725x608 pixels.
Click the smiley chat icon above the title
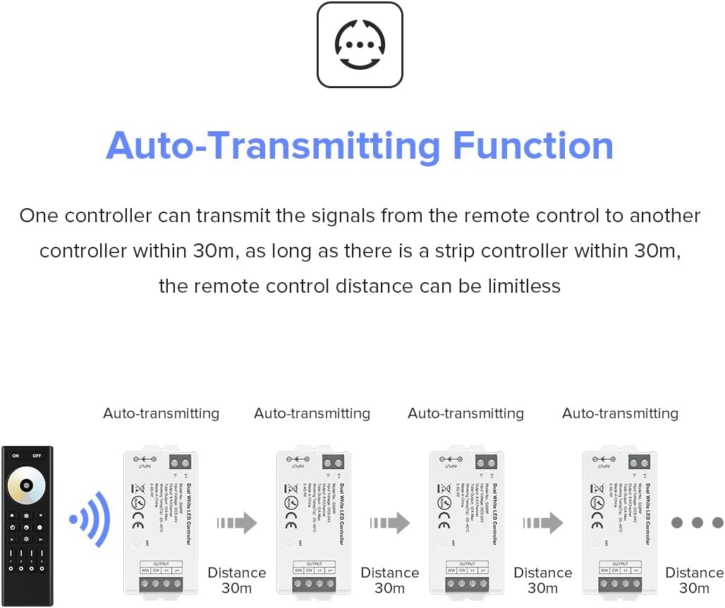tap(360, 44)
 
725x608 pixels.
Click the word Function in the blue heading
tap(532, 145)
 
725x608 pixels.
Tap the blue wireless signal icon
tap(90, 520)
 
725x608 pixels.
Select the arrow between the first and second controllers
tap(237, 523)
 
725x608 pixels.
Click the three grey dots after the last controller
tap(697, 523)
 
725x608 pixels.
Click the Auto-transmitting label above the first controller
tap(161, 413)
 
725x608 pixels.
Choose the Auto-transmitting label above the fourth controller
tap(620, 413)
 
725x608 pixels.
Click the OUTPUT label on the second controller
tap(314, 564)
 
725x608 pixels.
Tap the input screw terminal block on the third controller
tap(485, 463)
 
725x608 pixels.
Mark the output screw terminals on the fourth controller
tap(620, 585)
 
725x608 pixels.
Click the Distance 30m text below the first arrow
tap(237, 580)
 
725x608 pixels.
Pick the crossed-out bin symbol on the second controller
tap(290, 487)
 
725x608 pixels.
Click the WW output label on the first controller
tap(145, 571)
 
